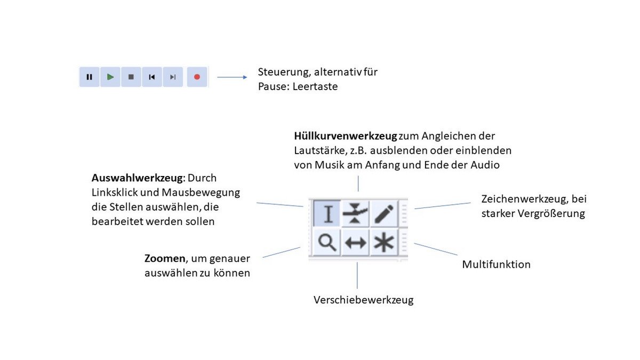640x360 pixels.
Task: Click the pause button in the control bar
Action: click(90, 77)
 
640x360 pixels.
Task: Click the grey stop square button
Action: click(131, 77)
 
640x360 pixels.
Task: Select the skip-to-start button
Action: click(152, 77)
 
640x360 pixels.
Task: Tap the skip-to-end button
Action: click(173, 77)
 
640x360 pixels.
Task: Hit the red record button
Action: click(197, 77)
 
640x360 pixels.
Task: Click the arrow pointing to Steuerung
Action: click(232, 77)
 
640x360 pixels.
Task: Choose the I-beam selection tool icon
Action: click(327, 213)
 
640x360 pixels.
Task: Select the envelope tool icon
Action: click(355, 213)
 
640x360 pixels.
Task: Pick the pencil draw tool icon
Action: click(383, 213)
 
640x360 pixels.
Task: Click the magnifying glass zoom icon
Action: click(327, 243)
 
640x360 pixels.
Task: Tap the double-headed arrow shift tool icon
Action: click(355, 243)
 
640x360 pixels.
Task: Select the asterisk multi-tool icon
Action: click(383, 243)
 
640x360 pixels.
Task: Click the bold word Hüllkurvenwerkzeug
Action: click(346, 136)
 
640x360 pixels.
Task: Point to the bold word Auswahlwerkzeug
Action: click(137, 178)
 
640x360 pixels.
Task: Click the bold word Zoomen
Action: click(165, 259)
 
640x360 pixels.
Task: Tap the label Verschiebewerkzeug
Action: click(363, 300)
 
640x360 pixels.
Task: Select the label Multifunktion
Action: click(496, 265)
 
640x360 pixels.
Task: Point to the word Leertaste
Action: click(315, 86)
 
